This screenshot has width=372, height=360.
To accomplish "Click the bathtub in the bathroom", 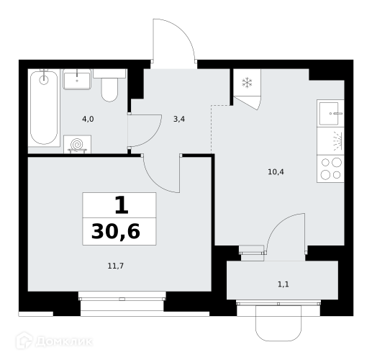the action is pyautogui.click(x=44, y=108).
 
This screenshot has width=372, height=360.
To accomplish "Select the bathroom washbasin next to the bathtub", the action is pyautogui.click(x=77, y=79).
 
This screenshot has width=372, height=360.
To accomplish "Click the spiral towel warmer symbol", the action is pyautogui.click(x=77, y=144).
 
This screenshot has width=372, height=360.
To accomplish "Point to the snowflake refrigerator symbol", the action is pyautogui.click(x=247, y=83).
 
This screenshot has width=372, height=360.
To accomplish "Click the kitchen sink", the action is pyautogui.click(x=330, y=113).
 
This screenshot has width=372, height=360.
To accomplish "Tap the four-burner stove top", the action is pyautogui.click(x=330, y=168).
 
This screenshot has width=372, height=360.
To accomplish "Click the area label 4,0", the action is pyautogui.click(x=88, y=119).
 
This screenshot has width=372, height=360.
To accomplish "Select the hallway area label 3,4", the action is pyautogui.click(x=179, y=119).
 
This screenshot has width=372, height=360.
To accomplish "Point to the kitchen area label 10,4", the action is pyautogui.click(x=276, y=172).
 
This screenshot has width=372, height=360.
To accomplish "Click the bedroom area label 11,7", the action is pyautogui.click(x=116, y=266).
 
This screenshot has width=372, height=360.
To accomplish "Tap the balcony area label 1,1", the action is pyautogui.click(x=283, y=284).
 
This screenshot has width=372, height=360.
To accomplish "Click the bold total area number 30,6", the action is pyautogui.click(x=116, y=232).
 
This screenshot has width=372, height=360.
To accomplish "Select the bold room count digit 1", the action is pyautogui.click(x=122, y=205).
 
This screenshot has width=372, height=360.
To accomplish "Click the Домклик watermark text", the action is pyautogui.click(x=64, y=341).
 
